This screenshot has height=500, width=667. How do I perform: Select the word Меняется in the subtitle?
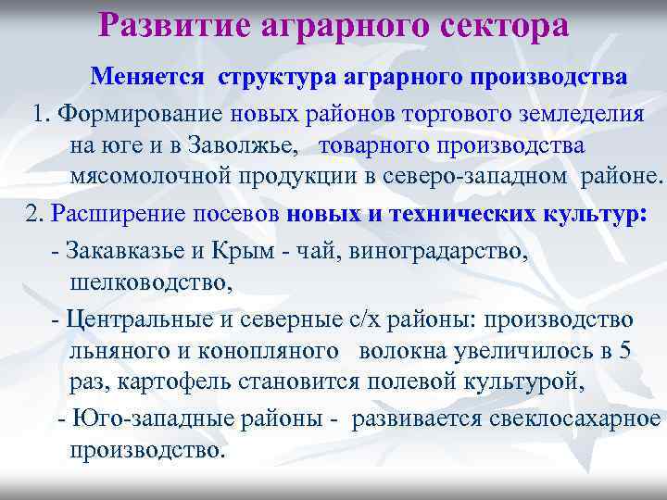pyautogui.click(x=149, y=78)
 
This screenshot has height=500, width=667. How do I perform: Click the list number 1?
pyautogui.click(x=39, y=113)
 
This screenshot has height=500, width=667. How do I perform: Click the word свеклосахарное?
pyautogui.click(x=569, y=418)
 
